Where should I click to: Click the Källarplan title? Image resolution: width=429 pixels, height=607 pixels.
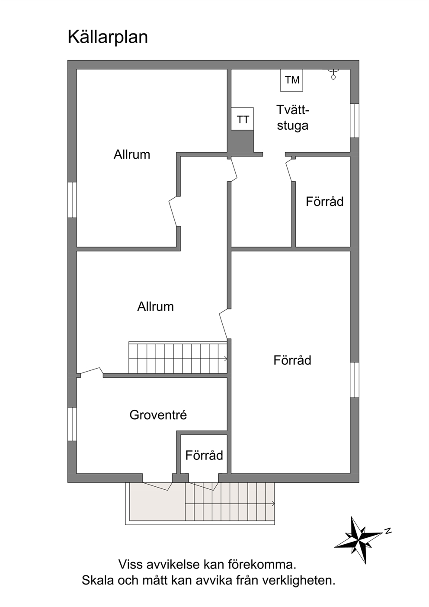[108, 37]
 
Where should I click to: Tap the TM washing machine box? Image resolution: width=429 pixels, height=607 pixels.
[291, 80]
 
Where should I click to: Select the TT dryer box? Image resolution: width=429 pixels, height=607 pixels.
[243, 119]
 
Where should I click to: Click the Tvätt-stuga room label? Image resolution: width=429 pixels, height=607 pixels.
[292, 118]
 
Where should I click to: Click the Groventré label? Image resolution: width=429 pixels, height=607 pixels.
[158, 415]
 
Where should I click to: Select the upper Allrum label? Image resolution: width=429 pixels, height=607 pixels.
[131, 155]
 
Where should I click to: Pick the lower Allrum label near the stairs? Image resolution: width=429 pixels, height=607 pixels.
[155, 307]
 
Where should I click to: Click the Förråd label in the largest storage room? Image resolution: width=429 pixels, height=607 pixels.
[292, 360]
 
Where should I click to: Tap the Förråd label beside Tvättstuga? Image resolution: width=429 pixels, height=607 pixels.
[324, 201]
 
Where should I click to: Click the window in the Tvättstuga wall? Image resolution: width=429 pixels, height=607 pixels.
[355, 121]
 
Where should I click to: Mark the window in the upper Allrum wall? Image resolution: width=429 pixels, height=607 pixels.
[72, 200]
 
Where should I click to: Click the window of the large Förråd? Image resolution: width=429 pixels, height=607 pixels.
[355, 380]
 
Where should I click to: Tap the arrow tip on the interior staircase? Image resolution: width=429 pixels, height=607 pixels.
[227, 359]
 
